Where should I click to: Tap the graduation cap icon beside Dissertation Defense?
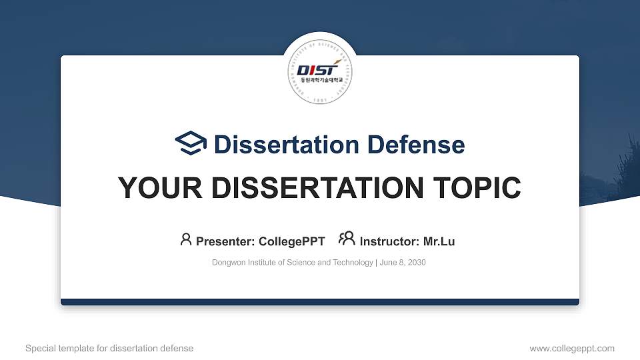click(191, 144)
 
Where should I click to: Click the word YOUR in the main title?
click(157, 188)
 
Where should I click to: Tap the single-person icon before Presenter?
click(186, 240)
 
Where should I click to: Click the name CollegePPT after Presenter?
click(291, 241)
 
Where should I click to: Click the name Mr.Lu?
click(439, 241)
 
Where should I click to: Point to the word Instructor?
click(389, 241)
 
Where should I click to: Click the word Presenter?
click(225, 241)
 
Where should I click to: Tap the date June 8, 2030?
click(403, 263)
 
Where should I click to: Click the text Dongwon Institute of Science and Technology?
click(293, 263)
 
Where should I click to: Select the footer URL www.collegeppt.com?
click(572, 348)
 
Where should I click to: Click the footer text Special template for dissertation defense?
click(109, 348)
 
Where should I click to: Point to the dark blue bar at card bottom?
click(320, 302)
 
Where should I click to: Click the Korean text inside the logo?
click(320, 79)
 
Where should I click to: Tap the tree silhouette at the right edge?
click(627, 167)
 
